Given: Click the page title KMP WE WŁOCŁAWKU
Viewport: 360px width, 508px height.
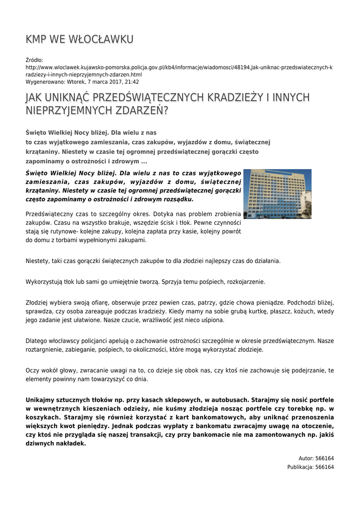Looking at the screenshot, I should point(79,39).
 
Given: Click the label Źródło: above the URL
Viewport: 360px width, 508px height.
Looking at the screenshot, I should point(34,60).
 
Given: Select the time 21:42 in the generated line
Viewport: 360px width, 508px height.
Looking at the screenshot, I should point(132,82).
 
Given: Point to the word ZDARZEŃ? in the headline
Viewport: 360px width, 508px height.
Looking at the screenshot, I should point(142,111).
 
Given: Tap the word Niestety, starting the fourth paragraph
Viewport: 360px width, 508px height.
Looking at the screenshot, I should point(38,260).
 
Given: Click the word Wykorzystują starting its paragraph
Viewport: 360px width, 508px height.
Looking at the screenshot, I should point(44,282).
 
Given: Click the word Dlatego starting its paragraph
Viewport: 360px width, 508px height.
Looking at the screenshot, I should point(36,341).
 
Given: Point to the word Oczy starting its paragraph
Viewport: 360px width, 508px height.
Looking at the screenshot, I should point(32,371).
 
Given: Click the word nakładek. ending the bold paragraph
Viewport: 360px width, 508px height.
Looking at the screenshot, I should point(71,444).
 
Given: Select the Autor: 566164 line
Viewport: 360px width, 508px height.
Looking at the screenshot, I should point(316,458).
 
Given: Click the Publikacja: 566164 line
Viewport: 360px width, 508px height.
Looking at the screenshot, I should point(310,467).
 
